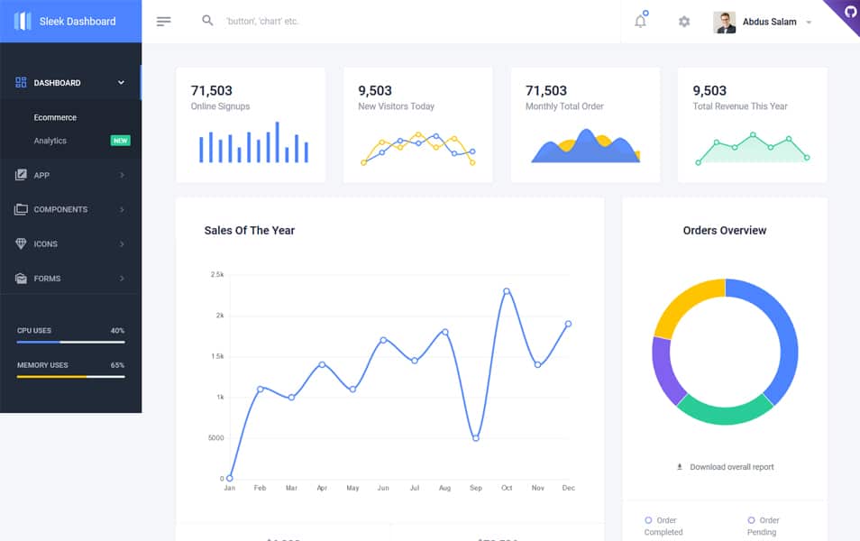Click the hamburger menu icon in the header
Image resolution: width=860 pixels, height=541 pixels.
tap(163, 22)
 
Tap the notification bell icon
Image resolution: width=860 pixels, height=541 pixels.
tap(640, 22)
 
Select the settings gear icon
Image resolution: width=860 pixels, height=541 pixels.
tap(684, 22)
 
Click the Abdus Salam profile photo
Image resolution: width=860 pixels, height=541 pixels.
tap(725, 22)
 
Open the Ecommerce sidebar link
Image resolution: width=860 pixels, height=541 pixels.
tap(55, 117)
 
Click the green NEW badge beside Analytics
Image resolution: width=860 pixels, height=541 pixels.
tap(120, 141)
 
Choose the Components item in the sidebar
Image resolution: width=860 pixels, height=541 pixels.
tap(60, 209)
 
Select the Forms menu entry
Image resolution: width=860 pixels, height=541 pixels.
tap(47, 279)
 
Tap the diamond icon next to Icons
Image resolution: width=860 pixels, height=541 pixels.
tap(21, 243)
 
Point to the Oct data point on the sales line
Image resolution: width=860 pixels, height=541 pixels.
tap(507, 291)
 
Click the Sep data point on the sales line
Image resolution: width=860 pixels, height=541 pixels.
tap(476, 438)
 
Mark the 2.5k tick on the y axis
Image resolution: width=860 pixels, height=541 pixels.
tap(216, 274)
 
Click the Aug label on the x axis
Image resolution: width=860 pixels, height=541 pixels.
tap(444, 488)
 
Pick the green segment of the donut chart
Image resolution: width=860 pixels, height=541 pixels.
tap(724, 410)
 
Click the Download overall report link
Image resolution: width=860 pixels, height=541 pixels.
tap(731, 467)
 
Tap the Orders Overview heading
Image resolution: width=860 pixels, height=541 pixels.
tap(724, 231)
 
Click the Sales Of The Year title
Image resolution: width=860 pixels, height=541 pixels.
tap(249, 231)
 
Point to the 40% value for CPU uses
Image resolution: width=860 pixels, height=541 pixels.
tap(117, 331)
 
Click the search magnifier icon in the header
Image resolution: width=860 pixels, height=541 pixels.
tap(207, 21)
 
